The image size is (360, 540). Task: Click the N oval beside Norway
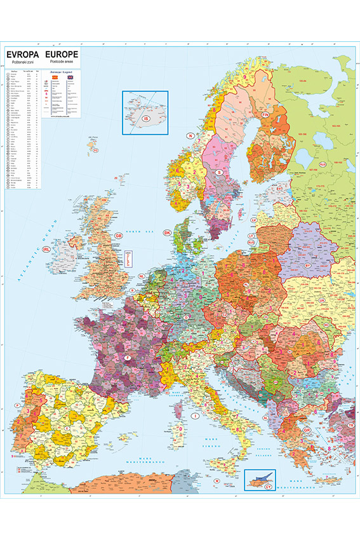pyautogui.click(x=189, y=136)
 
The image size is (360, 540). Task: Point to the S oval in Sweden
pyautogui.click(x=219, y=172)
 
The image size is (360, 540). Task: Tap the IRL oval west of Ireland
pyautogui.click(x=46, y=250)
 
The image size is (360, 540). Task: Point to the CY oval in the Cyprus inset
pyautogui.click(x=268, y=486)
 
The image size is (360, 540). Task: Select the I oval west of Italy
pyautogui.click(x=195, y=414)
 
